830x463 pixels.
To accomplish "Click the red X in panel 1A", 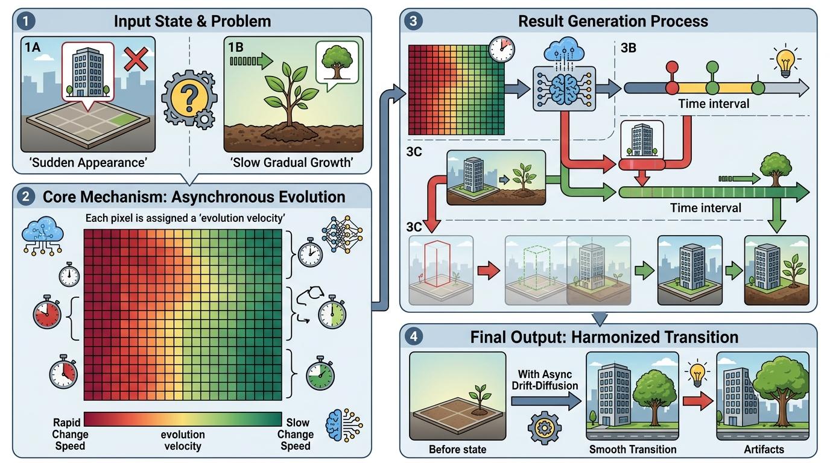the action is [x=136, y=59].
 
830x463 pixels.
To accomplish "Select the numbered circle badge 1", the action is [x=25, y=21].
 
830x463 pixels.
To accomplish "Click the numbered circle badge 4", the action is [x=414, y=336].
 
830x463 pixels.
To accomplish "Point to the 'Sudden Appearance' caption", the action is [x=88, y=162].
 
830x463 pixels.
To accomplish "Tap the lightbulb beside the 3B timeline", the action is [x=785, y=62].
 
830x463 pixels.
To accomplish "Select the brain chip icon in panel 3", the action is [x=564, y=89].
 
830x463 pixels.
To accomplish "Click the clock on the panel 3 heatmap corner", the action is [x=502, y=49].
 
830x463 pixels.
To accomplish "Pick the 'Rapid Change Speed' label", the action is [x=70, y=434].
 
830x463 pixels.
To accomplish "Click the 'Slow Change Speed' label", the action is [x=296, y=434].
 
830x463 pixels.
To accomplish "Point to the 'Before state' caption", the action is [x=458, y=449].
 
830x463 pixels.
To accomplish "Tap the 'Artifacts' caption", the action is [x=764, y=449].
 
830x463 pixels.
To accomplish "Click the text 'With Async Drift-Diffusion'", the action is [x=545, y=380].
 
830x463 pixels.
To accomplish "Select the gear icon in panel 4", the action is [x=544, y=428].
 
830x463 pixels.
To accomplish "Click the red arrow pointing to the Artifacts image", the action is [x=698, y=401].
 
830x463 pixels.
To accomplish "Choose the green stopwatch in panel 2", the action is [x=320, y=373].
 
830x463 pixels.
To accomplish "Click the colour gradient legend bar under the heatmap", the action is [x=183, y=420].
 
